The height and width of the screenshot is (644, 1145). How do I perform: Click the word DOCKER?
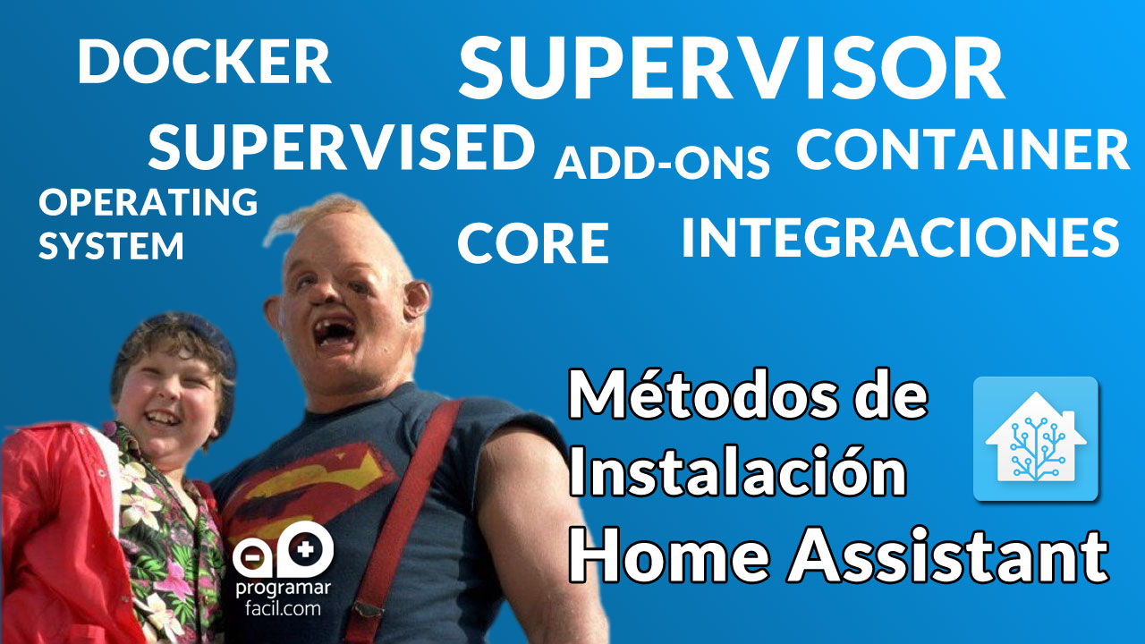coord(204,63)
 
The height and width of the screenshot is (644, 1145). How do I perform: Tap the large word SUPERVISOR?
coord(731,70)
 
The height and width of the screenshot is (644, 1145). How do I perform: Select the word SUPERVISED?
coord(341,148)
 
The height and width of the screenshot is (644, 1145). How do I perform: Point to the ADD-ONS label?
coord(662,163)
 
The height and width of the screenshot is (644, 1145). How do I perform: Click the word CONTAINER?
coord(963,149)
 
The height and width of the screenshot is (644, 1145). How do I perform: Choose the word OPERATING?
coord(148,202)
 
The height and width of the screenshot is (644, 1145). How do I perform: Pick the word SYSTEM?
coord(111,245)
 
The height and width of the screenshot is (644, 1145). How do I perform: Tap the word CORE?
coord(533,243)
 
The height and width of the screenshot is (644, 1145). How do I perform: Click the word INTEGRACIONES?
coord(900,237)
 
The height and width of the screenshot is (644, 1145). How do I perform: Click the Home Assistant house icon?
coord(1035,437)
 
